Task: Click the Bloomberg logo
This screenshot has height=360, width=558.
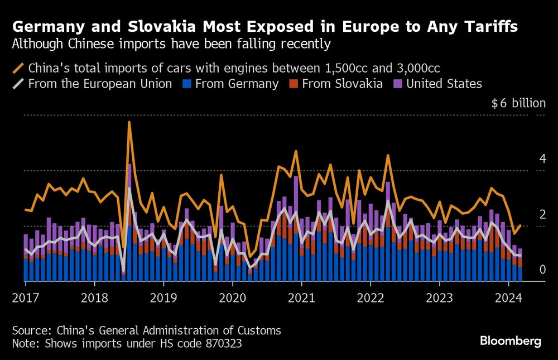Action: pos(511,341)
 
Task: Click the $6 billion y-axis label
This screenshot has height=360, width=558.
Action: pos(518,103)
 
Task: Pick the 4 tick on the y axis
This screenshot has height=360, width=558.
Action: pos(542,159)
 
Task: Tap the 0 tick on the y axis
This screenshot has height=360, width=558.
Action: pos(542,270)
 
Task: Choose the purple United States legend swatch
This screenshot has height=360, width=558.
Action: pos(397,84)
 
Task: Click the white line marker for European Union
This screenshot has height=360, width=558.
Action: pos(18,84)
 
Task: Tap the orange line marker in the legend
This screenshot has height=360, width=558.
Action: pos(18,68)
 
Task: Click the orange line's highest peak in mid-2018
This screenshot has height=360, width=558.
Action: pos(129,122)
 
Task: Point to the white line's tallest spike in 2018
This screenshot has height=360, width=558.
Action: pos(129,188)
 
